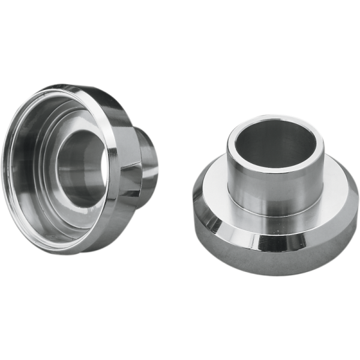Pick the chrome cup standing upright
(276, 198)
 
